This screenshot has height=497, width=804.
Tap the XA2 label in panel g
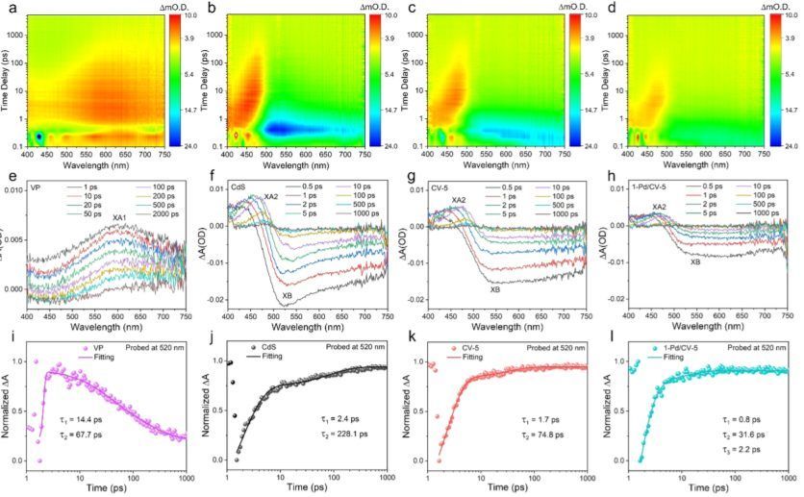459,201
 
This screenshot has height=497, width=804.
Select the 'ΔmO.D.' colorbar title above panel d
776,6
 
